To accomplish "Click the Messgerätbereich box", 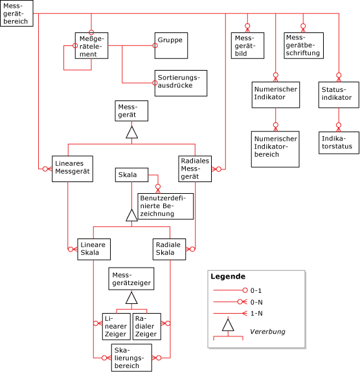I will click(16, 14).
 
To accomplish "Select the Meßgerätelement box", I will click(90, 46).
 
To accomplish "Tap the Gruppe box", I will click(168, 43).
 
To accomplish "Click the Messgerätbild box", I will click(247, 46).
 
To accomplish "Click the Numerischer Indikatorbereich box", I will click(276, 149).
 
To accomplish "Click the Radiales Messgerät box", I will click(196, 169).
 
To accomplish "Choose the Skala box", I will click(132, 175).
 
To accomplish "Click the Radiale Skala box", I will click(170, 249).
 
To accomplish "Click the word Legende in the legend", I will click(227, 276).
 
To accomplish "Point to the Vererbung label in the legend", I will click(267, 331).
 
